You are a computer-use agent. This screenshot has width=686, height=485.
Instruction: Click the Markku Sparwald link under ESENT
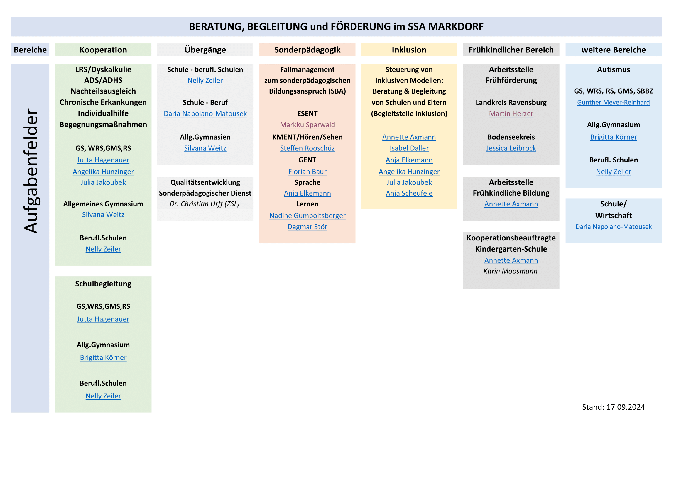click(307, 125)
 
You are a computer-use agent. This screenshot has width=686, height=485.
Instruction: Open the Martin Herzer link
click(511, 114)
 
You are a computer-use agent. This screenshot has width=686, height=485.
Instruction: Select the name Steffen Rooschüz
click(307, 148)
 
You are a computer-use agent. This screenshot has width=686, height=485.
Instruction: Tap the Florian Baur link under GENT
click(307, 172)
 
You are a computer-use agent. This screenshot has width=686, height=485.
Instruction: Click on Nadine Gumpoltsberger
click(307, 216)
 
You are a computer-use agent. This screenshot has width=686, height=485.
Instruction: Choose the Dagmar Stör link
click(307, 227)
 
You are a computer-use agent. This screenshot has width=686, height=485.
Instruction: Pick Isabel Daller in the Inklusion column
click(409, 148)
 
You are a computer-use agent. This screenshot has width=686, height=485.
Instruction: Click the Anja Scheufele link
click(409, 194)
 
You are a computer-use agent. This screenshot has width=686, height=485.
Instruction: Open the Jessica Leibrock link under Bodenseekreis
click(511, 148)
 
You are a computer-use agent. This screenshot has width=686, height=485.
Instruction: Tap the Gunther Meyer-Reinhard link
click(614, 102)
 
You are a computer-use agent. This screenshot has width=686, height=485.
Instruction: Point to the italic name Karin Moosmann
click(510, 271)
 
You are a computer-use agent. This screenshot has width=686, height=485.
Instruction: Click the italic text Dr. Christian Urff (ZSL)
click(205, 204)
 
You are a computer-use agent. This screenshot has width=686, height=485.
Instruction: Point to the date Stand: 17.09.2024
click(614, 407)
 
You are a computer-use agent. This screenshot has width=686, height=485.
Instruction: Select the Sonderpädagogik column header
click(307, 50)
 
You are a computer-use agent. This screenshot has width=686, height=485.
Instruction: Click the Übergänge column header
click(205, 50)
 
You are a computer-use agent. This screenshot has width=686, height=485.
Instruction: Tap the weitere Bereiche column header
click(614, 50)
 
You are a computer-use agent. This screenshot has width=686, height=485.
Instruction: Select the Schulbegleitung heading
click(103, 284)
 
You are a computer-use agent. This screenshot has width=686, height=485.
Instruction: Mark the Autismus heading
click(614, 69)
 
